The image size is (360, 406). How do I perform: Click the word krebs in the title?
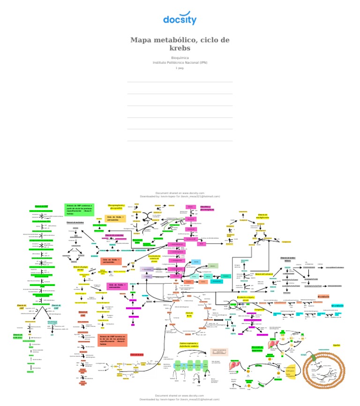point(180,49)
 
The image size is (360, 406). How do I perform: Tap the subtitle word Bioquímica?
point(180,58)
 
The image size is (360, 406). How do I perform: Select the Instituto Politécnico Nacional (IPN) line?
point(180,62)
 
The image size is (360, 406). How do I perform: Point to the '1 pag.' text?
point(180,68)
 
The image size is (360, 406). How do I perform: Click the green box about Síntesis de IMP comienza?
point(79,209)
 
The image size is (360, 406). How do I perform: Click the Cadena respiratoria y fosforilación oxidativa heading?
point(188,345)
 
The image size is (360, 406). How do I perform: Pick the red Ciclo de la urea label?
point(136,354)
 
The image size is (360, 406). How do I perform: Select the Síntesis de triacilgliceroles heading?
point(263,216)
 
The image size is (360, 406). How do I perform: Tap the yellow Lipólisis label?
point(336,345)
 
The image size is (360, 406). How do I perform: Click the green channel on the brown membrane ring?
point(304,355)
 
